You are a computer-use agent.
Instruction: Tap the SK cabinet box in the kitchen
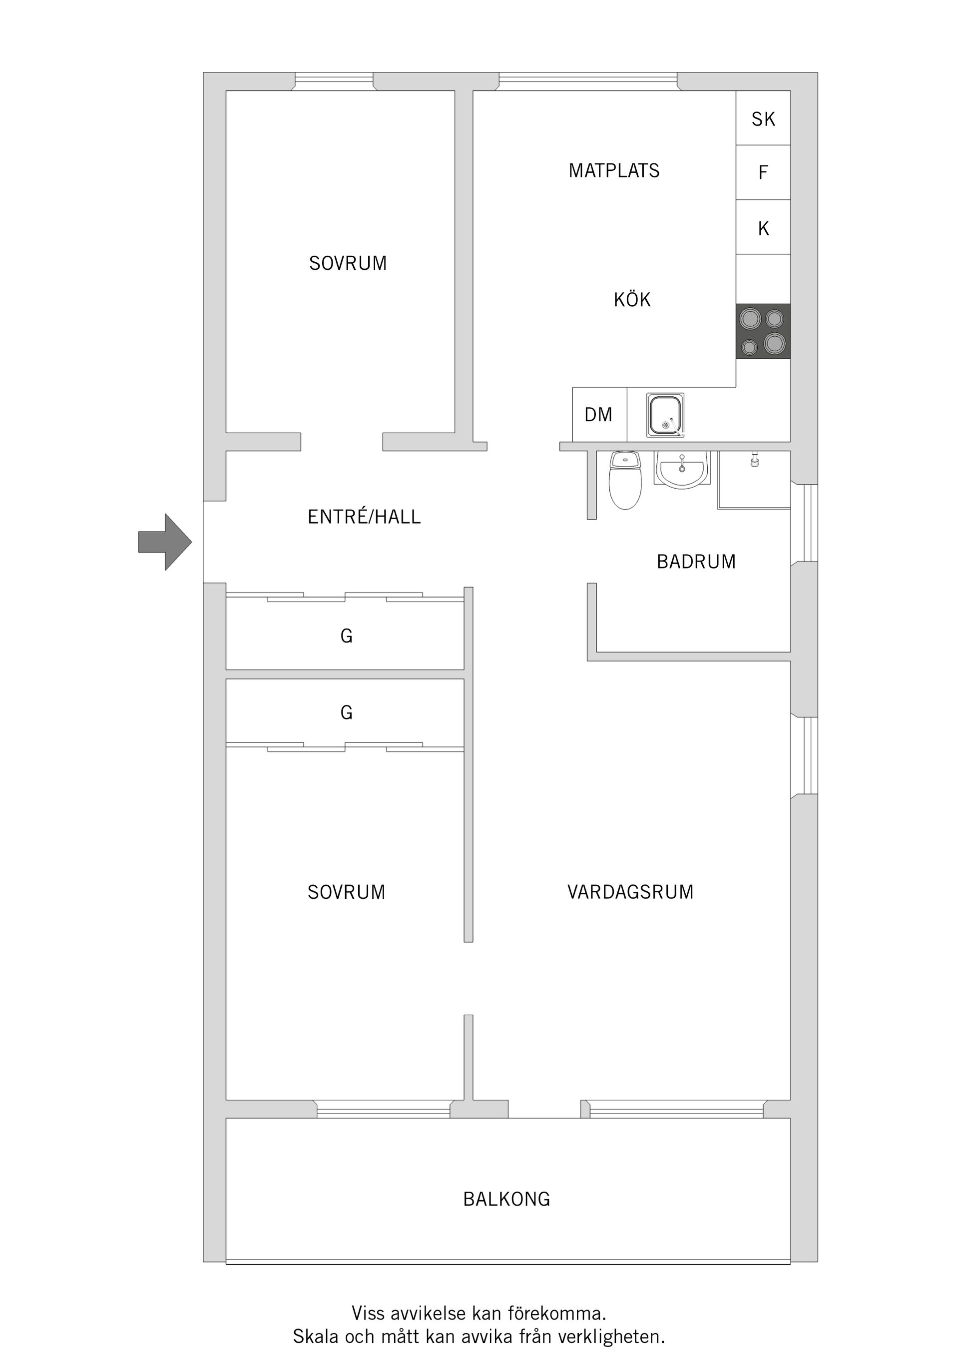pyautogui.click(x=763, y=119)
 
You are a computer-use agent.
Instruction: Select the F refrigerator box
pyautogui.click(x=763, y=172)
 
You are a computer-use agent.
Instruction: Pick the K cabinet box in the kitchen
pyautogui.click(x=763, y=228)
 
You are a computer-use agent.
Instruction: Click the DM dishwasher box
pyautogui.click(x=598, y=415)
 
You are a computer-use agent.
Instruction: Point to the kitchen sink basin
pyautogui.click(x=665, y=415)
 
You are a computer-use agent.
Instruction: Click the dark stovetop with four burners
pyautogui.click(x=762, y=331)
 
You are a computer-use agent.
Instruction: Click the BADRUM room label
pyautogui.click(x=696, y=562)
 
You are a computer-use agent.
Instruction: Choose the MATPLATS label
pyautogui.click(x=613, y=171)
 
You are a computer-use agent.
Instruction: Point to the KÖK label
pyautogui.click(x=632, y=300)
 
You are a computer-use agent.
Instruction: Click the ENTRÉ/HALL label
pyautogui.click(x=364, y=517)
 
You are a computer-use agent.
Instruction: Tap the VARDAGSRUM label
pyautogui.click(x=630, y=892)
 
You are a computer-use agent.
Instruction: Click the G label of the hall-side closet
pyautogui.click(x=346, y=636)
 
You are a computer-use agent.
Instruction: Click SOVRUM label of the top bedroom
pyautogui.click(x=348, y=263)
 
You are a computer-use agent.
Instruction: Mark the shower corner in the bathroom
pyautogui.click(x=754, y=480)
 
